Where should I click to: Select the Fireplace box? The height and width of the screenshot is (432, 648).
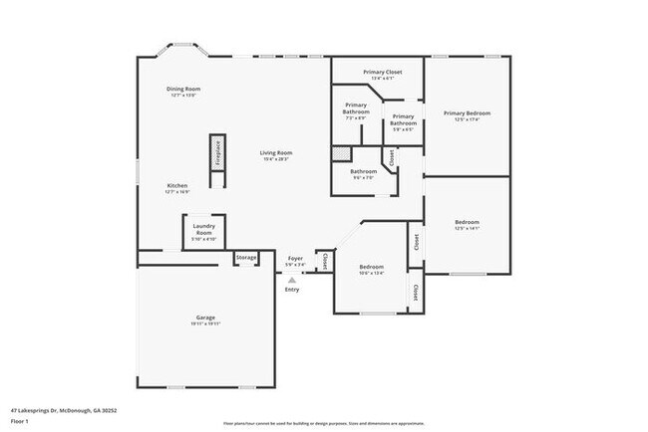(215, 158)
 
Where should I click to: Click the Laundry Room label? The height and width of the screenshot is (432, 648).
(204, 230)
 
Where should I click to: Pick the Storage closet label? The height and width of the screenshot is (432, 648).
(246, 258)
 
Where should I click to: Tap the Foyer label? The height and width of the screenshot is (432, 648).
(295, 260)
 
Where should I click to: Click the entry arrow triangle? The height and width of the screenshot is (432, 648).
(292, 280)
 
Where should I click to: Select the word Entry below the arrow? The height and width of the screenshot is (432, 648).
(292, 290)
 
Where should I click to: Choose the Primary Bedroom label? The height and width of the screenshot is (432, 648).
(467, 114)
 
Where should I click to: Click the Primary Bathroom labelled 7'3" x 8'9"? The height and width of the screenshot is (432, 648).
(357, 108)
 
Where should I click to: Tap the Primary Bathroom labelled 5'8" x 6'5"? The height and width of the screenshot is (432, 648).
(403, 119)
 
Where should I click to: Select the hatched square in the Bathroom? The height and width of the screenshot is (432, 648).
(342, 154)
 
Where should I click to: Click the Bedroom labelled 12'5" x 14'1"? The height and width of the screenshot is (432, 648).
(467, 223)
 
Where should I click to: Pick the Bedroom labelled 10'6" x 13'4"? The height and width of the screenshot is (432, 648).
(372, 268)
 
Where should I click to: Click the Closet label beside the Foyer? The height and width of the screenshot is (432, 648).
(325, 261)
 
